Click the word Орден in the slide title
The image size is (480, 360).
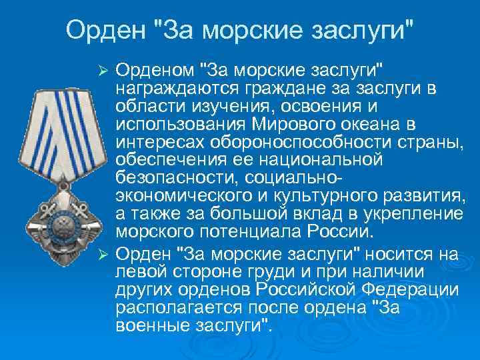105,30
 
